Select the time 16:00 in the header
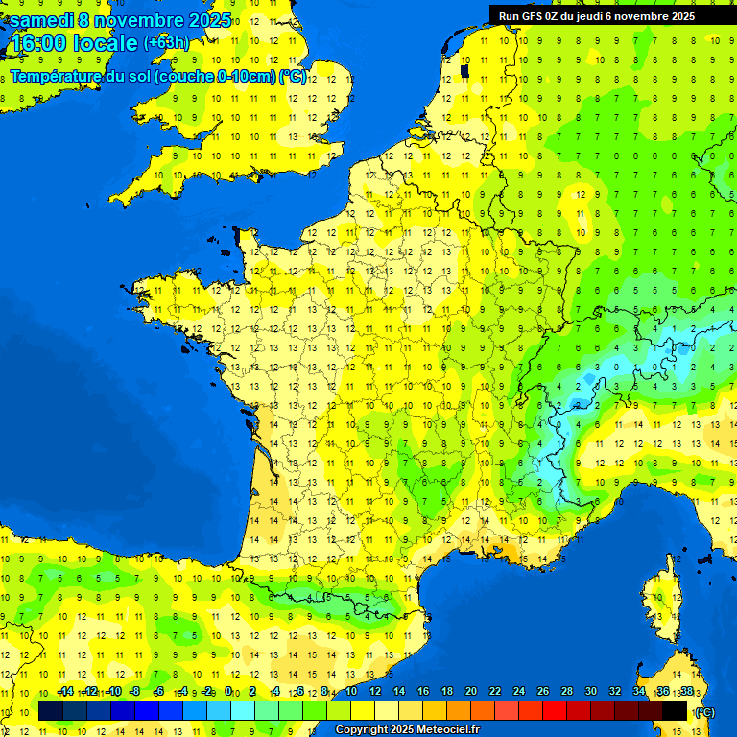(37, 43)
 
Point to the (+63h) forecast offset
(166, 43)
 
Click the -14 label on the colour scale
(65, 692)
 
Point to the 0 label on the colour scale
(228, 692)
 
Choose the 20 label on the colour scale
(470, 692)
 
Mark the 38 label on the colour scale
(686, 692)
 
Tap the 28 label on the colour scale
(566, 692)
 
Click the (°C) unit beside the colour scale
(704, 711)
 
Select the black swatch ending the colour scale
(675, 710)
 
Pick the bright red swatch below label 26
(531, 710)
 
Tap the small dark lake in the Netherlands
(464, 70)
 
